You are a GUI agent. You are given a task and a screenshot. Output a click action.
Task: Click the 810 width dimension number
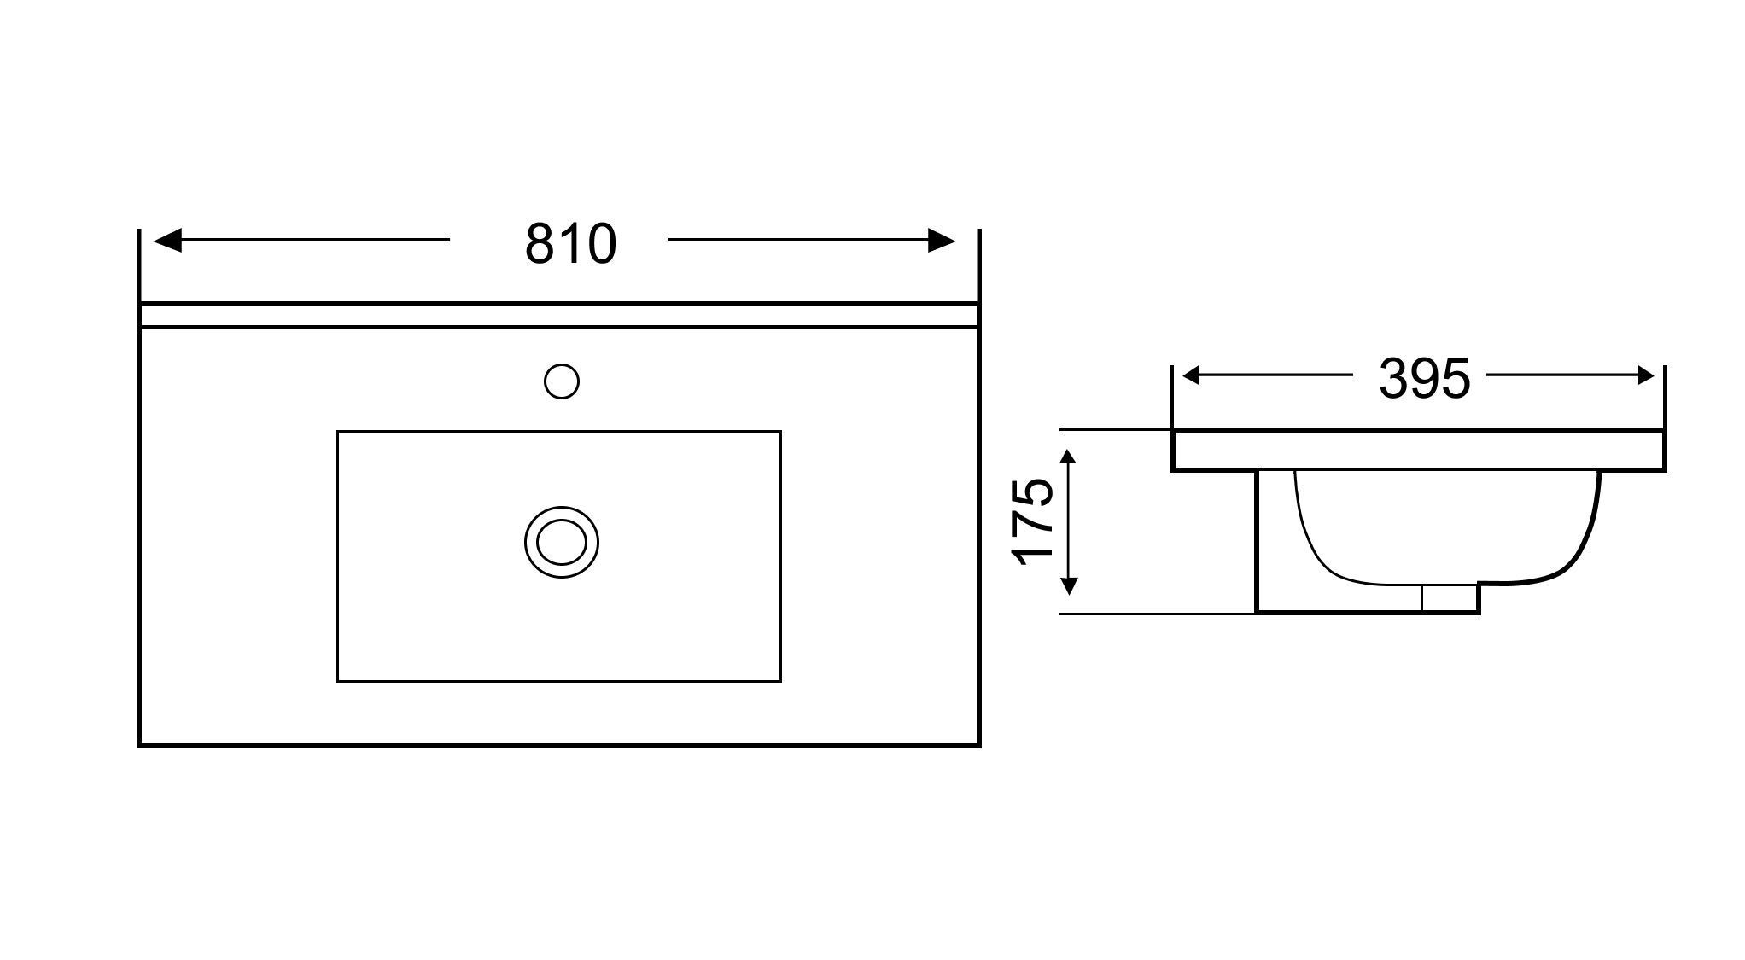(x=570, y=244)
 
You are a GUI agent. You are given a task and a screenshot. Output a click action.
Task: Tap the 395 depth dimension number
(x=1425, y=379)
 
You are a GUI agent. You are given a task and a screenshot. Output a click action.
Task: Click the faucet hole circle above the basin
(x=562, y=381)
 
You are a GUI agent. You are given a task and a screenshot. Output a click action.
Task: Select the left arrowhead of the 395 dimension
(x=1193, y=375)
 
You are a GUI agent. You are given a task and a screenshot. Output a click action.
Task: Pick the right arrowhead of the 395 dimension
(x=1644, y=375)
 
